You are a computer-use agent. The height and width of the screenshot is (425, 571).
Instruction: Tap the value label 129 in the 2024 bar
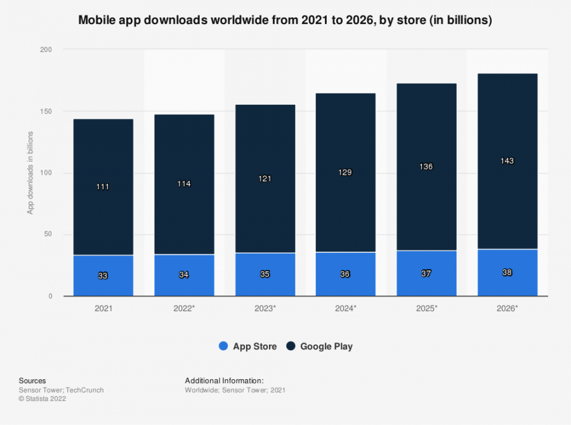346,172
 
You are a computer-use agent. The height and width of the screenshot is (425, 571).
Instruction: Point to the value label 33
103,276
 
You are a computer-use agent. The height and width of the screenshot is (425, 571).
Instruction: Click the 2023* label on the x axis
265,308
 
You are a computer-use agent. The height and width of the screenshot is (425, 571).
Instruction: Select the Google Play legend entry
319,346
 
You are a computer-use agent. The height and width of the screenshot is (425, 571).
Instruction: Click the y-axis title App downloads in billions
30,173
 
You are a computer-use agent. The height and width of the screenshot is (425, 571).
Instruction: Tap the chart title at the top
285,20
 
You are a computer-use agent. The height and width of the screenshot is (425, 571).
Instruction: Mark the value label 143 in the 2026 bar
508,161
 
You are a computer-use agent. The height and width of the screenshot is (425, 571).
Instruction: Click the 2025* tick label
426,308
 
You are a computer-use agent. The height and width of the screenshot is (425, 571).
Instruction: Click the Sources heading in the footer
32,381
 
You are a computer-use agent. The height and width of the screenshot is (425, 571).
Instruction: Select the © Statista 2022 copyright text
43,399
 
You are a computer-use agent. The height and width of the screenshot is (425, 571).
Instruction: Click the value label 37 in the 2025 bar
426,273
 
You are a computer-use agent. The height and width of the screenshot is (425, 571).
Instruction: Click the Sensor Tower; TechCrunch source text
61,390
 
